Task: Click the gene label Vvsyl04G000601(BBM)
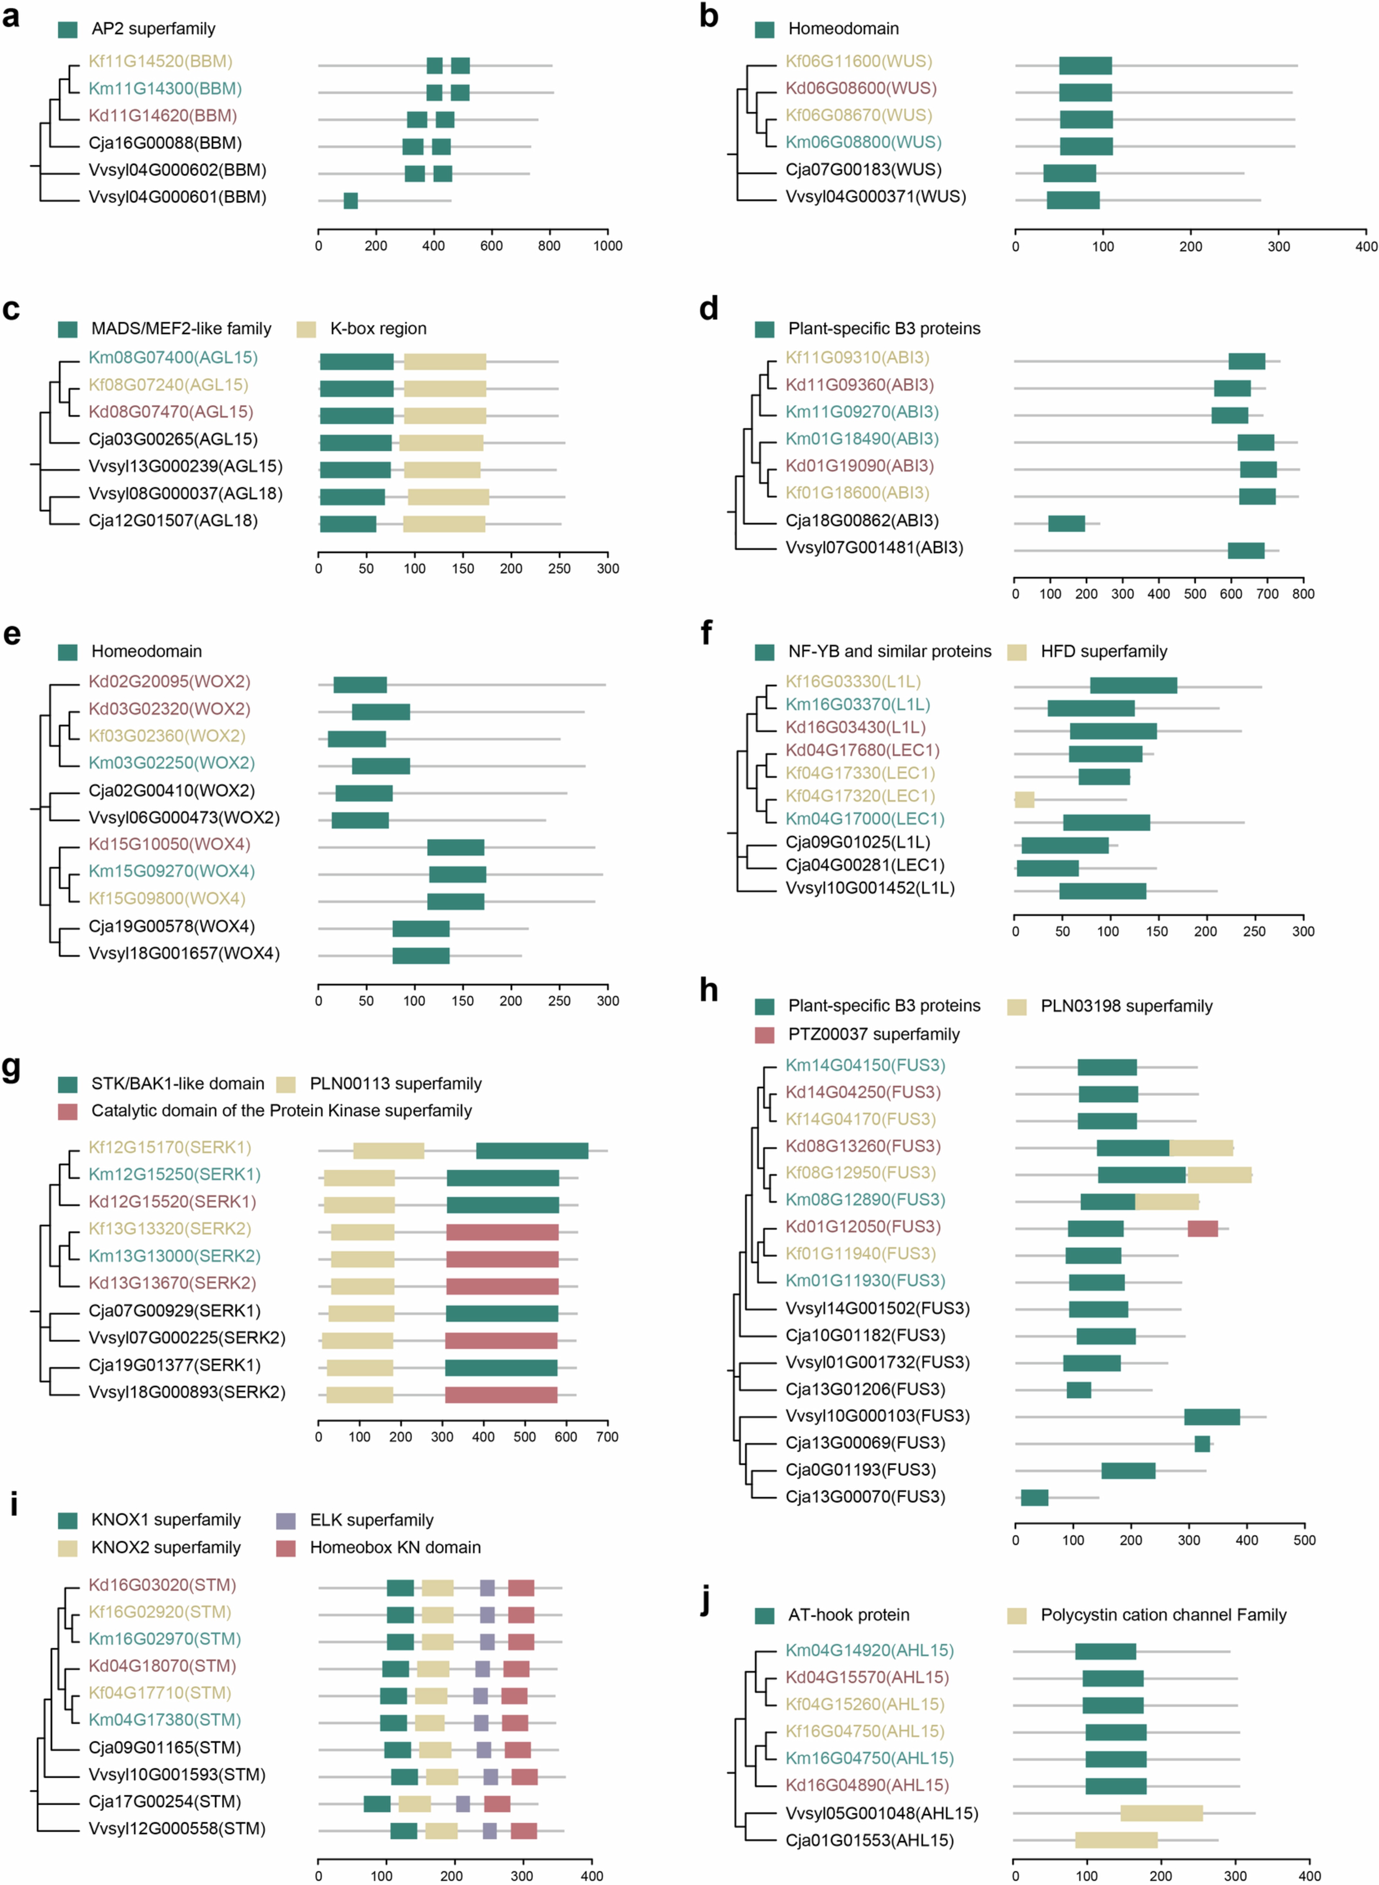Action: (x=177, y=197)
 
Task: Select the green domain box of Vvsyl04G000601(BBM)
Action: (x=351, y=200)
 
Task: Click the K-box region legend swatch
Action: (x=306, y=329)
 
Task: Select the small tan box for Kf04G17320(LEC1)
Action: (x=1024, y=799)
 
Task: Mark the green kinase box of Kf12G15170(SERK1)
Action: (x=532, y=1150)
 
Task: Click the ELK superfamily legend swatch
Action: (x=286, y=1520)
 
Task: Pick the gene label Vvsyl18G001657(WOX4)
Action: (x=184, y=953)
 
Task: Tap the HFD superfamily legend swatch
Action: (x=1017, y=652)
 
